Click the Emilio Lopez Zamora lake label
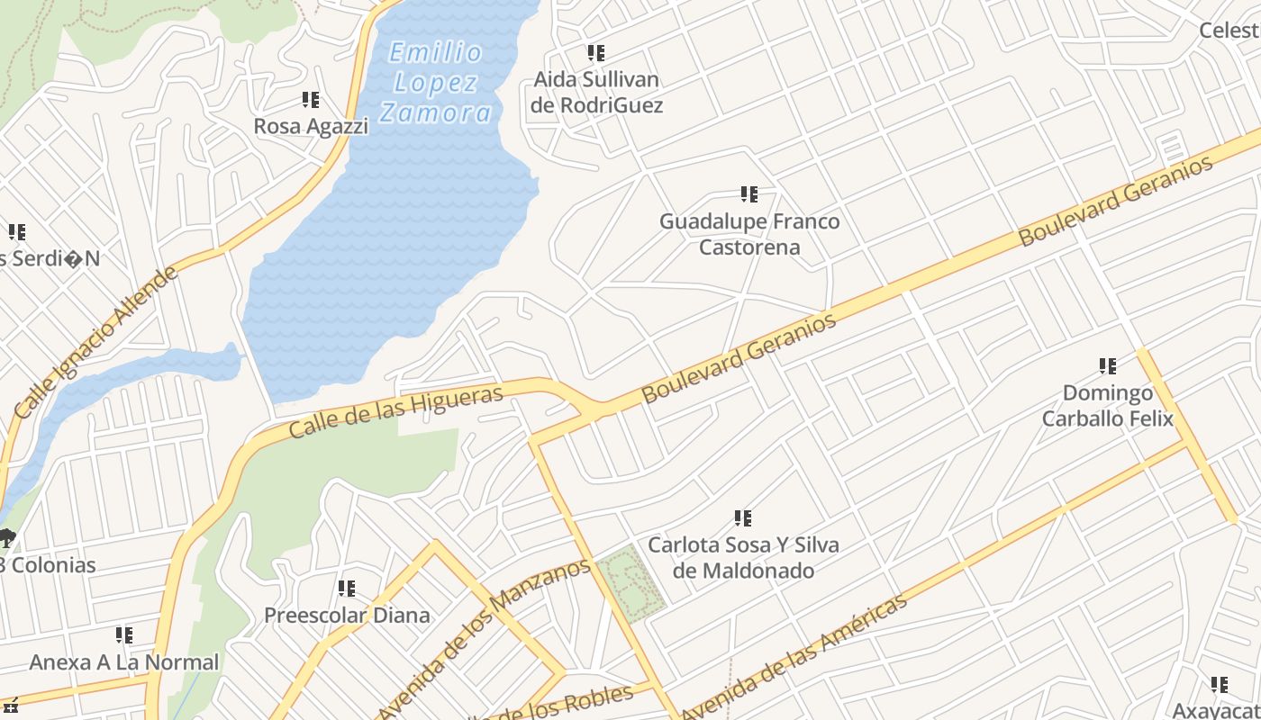[x=436, y=83]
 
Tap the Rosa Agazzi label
[x=311, y=126]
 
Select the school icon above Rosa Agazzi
[x=311, y=99]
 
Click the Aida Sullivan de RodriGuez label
[x=596, y=93]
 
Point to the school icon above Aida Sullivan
[x=596, y=53]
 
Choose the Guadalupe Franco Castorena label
[x=749, y=234]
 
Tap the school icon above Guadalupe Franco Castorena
[x=748, y=193]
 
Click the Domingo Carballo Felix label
[x=1108, y=406]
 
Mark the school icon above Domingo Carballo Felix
[x=1108, y=366]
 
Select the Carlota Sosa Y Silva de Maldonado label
[x=744, y=558]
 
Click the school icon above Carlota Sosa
[x=743, y=518]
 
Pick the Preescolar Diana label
[x=347, y=616]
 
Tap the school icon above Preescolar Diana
[x=347, y=589]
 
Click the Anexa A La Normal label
[x=124, y=662]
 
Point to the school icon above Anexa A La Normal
[x=124, y=635]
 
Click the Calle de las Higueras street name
[x=395, y=412]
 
